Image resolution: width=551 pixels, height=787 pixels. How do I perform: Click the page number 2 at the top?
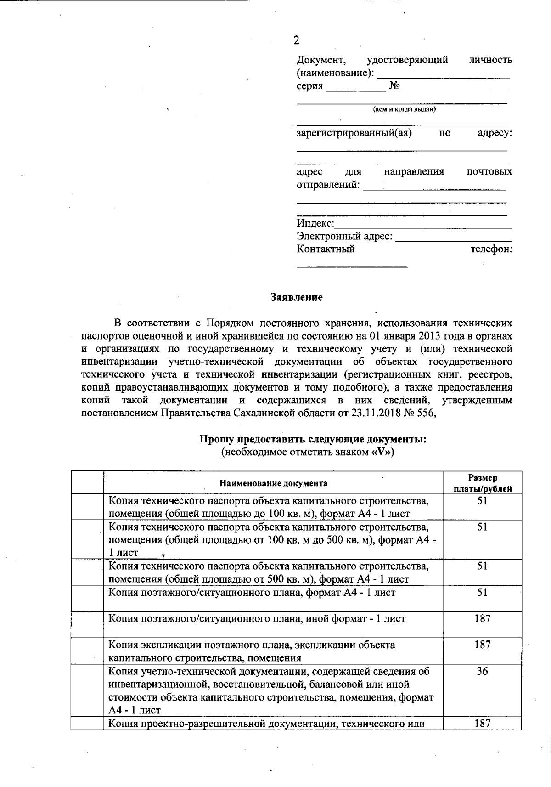click(x=296, y=40)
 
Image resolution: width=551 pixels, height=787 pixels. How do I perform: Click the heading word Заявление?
click(x=296, y=297)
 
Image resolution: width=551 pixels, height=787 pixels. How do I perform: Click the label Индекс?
click(x=315, y=224)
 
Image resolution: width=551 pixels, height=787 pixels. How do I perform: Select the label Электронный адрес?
click(x=344, y=237)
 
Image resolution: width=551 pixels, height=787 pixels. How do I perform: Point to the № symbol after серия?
click(x=394, y=86)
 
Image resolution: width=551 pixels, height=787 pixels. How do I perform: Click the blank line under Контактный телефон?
click(x=352, y=265)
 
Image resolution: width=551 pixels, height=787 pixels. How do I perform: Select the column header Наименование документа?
click(x=273, y=483)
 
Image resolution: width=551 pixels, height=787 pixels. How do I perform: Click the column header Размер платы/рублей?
click(x=482, y=483)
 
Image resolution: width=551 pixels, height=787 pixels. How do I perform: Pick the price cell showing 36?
click(x=482, y=671)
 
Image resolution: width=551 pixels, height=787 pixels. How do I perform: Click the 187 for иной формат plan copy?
click(x=482, y=619)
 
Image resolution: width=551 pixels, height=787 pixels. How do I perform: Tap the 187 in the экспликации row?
click(x=482, y=645)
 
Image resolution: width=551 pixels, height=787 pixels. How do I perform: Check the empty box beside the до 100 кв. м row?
click(x=87, y=507)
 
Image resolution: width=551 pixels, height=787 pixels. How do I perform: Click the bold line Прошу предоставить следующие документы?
click(x=313, y=439)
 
